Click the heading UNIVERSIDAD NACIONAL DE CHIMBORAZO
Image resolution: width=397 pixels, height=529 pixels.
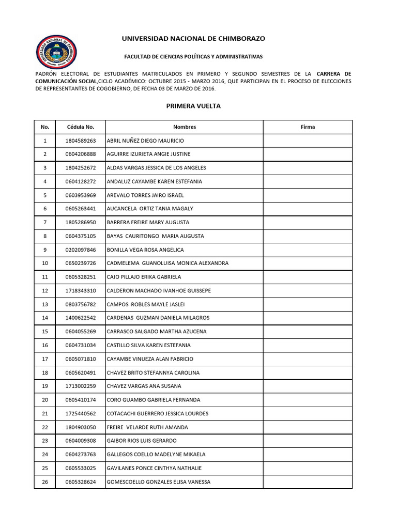click(194, 38)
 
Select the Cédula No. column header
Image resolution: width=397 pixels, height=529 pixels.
click(81, 127)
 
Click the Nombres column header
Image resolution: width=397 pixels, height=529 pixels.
click(185, 127)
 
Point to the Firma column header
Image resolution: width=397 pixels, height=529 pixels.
click(308, 127)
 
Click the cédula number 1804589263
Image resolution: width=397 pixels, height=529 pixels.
click(81, 141)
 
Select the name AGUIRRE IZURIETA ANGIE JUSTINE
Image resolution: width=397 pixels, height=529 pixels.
click(148, 154)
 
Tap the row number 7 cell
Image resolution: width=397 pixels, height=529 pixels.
click(45, 222)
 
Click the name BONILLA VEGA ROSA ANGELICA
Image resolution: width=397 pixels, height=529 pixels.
click(145, 250)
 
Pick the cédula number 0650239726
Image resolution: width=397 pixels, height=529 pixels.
click(81, 263)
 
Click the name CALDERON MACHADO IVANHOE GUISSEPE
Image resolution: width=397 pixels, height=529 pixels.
click(159, 291)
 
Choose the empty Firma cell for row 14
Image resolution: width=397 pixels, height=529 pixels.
click(308, 318)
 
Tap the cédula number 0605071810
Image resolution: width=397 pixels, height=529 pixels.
click(81, 359)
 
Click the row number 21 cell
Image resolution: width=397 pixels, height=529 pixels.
click(45, 413)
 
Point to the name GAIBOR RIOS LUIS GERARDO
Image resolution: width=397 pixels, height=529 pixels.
click(142, 441)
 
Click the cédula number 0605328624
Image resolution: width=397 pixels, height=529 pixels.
click(81, 482)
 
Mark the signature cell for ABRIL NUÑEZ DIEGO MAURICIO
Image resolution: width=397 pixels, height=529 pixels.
click(308, 141)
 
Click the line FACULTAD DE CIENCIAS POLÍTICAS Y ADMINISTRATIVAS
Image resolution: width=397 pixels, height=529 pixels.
click(194, 56)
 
